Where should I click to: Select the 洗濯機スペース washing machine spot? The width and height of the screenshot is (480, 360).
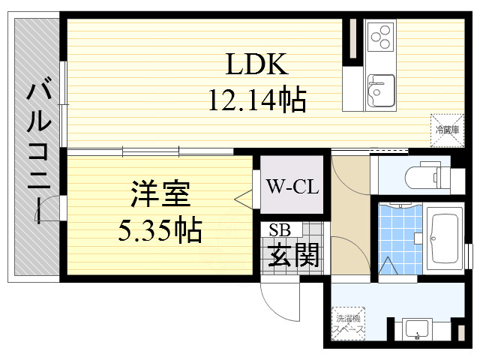tap(350, 322)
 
